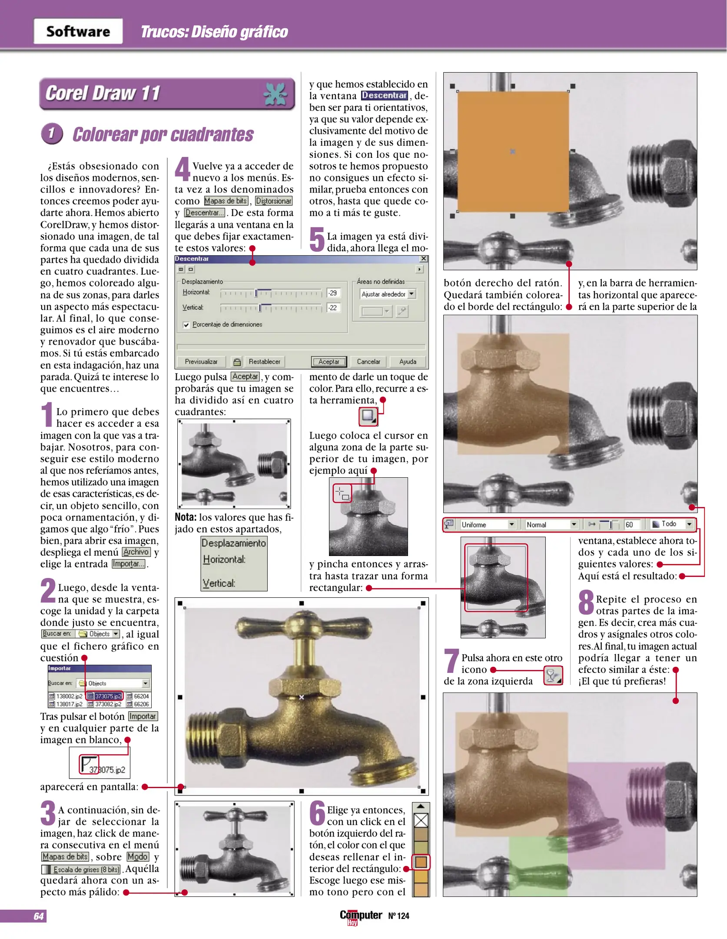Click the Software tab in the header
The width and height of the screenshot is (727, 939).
point(78,31)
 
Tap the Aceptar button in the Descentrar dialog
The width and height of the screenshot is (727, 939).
point(329,362)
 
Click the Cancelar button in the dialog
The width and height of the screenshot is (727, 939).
point(368,362)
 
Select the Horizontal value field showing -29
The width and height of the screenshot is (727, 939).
point(333,293)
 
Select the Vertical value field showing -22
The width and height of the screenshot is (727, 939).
point(333,308)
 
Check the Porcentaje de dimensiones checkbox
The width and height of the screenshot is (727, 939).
point(186,325)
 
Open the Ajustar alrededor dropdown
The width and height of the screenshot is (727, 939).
point(388,294)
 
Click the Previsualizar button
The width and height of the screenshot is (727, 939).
point(201,362)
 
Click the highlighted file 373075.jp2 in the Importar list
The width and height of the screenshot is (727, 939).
point(105,696)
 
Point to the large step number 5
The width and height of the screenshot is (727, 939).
point(317,240)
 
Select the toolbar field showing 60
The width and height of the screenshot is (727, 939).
point(631,525)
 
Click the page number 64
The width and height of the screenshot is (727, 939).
point(38,916)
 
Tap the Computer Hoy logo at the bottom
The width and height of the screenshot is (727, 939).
point(361,916)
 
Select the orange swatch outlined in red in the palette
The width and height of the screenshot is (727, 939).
point(421,862)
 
